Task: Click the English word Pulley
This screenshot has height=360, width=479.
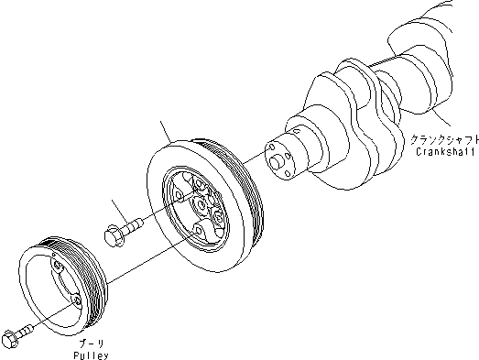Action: (93, 351)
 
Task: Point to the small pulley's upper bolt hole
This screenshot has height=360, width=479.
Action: (56, 267)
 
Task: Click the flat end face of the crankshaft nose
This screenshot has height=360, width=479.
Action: (276, 157)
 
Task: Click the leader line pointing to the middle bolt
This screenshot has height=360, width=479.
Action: (120, 210)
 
